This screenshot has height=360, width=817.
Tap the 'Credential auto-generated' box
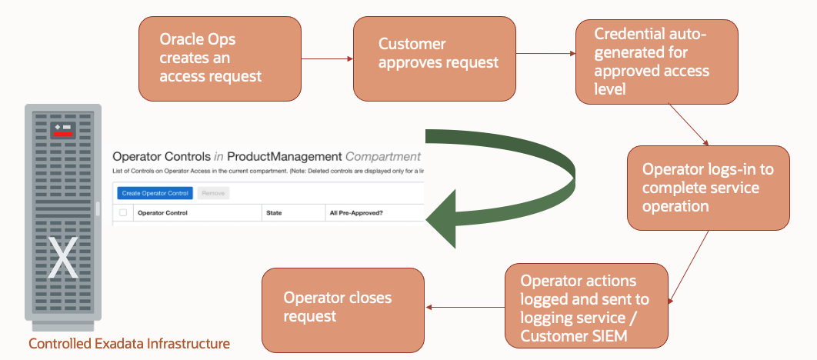click(656, 62)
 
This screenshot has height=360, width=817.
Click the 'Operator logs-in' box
click(708, 188)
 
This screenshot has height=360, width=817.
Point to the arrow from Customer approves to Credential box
click(545, 55)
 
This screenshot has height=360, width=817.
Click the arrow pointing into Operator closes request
click(465, 308)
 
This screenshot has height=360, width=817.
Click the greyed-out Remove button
click(213, 193)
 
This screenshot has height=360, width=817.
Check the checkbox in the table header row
click(122, 213)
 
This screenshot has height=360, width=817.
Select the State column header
click(275, 213)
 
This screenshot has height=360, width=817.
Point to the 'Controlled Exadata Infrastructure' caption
click(128, 343)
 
